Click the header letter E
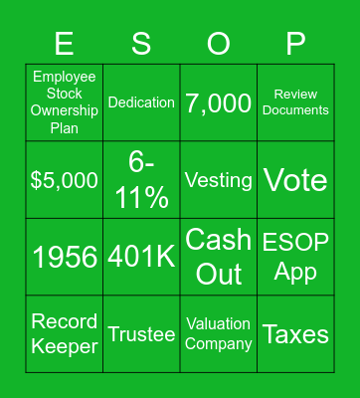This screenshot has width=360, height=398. (x=64, y=43)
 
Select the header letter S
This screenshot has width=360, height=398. (x=141, y=43)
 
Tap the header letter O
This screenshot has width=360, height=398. (x=219, y=43)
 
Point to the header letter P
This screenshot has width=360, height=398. (x=295, y=43)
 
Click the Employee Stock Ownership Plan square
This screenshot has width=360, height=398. (x=64, y=102)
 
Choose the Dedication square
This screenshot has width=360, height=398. (x=141, y=102)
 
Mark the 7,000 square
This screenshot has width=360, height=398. (x=219, y=102)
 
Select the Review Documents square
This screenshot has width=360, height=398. (x=295, y=102)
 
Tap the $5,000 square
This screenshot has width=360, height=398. (x=64, y=180)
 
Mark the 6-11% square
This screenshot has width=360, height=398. (x=141, y=180)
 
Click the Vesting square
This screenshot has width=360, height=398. (x=219, y=180)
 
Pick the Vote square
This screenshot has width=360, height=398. (x=295, y=180)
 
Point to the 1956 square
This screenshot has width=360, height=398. (x=64, y=257)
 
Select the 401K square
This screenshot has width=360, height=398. (x=141, y=257)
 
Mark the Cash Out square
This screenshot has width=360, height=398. (x=219, y=257)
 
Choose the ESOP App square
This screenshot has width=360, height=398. (x=295, y=257)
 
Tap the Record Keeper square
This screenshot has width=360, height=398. (x=64, y=334)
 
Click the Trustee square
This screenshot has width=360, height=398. (x=141, y=334)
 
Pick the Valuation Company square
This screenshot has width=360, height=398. (x=219, y=334)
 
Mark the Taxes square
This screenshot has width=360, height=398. (x=295, y=334)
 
